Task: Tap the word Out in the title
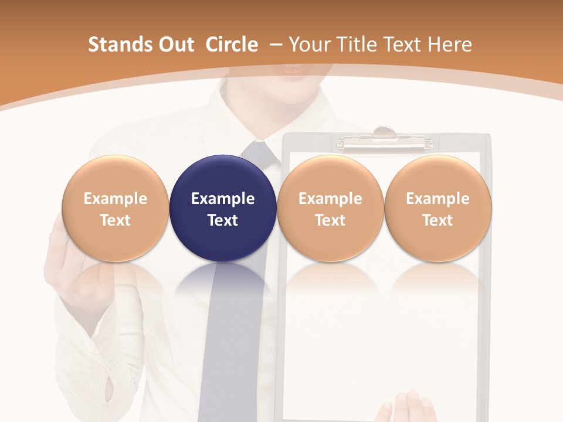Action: click(175, 45)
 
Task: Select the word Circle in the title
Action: click(232, 45)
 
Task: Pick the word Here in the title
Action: click(450, 45)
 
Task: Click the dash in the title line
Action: click(275, 45)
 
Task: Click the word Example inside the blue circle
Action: click(223, 199)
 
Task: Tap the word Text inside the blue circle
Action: click(223, 220)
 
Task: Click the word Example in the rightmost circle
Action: click(438, 199)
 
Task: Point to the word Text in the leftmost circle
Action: click(115, 220)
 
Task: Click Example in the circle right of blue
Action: click(330, 199)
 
